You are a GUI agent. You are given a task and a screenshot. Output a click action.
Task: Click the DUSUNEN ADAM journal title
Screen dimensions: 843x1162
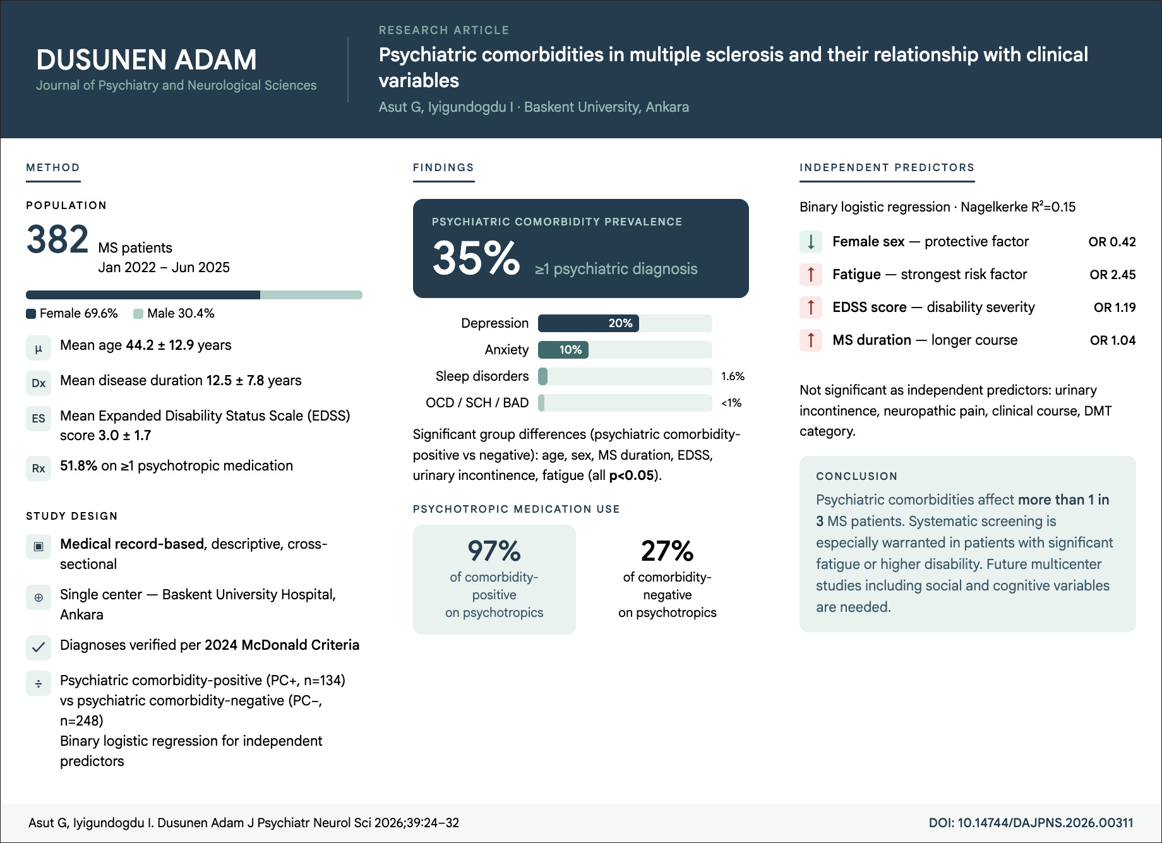click(x=147, y=60)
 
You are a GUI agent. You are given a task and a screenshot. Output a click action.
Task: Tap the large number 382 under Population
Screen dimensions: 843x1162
click(x=57, y=240)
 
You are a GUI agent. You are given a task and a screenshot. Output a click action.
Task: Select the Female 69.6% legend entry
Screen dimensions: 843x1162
click(x=72, y=313)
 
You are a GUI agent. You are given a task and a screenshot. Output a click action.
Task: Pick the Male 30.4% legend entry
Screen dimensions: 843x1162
click(x=174, y=313)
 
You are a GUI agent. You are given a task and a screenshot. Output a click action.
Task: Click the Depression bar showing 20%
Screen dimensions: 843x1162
click(x=589, y=323)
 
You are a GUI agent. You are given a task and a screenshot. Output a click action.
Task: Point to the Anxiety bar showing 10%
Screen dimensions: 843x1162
click(x=563, y=350)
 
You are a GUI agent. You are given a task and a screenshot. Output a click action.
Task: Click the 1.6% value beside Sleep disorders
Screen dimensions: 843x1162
click(x=733, y=376)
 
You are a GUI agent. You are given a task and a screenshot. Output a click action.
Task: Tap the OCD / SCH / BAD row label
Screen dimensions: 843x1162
click(x=477, y=403)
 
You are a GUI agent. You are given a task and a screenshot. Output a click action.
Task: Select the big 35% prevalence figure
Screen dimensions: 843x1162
click(x=476, y=258)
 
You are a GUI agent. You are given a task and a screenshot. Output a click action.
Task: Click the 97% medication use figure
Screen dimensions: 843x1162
click(x=494, y=551)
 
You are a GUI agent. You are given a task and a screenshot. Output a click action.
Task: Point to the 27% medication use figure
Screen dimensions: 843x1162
click(x=667, y=551)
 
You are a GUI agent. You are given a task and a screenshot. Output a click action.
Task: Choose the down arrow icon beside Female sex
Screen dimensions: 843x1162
click(x=811, y=241)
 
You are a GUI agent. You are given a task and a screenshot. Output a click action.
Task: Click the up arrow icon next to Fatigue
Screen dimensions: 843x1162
click(x=811, y=274)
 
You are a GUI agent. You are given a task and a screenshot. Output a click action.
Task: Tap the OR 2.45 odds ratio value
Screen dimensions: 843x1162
click(x=1112, y=275)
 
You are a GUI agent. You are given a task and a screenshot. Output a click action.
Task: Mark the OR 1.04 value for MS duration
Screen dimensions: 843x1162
click(x=1112, y=340)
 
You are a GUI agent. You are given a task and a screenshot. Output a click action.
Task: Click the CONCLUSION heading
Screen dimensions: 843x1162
click(x=856, y=476)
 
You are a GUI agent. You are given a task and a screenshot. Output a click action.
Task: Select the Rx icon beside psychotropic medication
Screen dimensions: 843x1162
click(x=39, y=469)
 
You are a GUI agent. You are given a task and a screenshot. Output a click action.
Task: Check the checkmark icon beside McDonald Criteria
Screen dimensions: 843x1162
click(x=39, y=647)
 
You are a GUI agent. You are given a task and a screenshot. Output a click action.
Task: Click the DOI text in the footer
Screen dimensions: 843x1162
click(x=1031, y=823)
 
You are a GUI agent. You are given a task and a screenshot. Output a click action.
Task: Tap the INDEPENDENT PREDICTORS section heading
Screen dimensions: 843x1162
click(x=887, y=167)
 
